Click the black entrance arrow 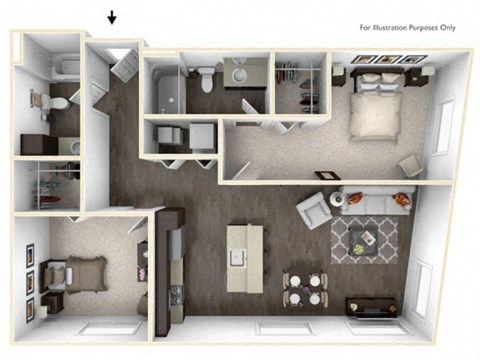[x=112, y=17]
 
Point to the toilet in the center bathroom [x=206, y=76]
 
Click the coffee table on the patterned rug [x=364, y=238]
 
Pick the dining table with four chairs [x=305, y=287]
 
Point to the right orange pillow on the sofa [x=403, y=197]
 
